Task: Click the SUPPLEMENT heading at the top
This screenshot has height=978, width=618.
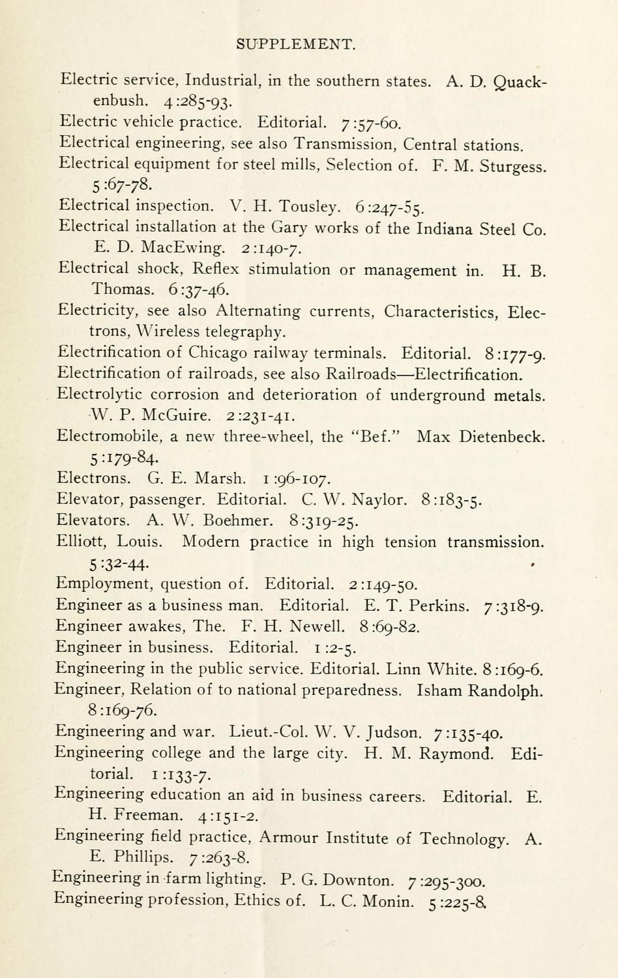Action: click(295, 44)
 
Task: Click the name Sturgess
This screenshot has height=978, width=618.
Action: click(513, 166)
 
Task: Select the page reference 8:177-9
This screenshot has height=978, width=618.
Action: click(515, 354)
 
